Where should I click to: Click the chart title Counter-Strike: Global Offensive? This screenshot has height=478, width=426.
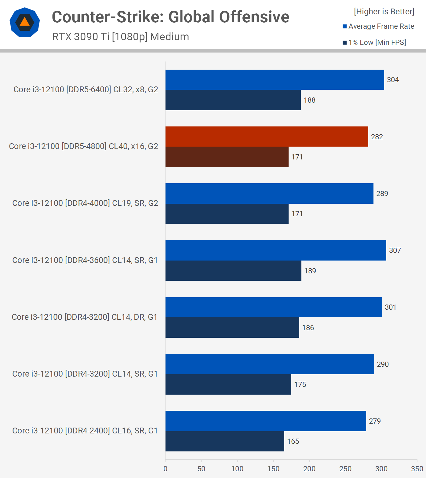pyautogui.click(x=170, y=17)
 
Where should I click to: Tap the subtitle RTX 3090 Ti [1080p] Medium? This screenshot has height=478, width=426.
pyautogui.click(x=120, y=37)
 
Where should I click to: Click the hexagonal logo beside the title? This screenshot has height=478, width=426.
pyautogui.click(x=25, y=22)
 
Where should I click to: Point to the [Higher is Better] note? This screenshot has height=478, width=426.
pyautogui.click(x=384, y=12)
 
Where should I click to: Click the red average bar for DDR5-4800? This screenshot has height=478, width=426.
pyautogui.click(x=267, y=137)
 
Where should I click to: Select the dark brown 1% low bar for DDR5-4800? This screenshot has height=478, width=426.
pyautogui.click(x=227, y=157)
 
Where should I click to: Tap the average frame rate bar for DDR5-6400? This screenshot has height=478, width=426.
pyautogui.click(x=275, y=80)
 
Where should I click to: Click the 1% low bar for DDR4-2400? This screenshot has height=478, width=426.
pyautogui.click(x=225, y=441)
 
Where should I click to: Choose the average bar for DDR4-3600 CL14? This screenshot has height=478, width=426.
pyautogui.click(x=276, y=250)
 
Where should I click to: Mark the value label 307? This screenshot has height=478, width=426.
pyautogui.click(x=395, y=250)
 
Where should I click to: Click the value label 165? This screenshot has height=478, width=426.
pyautogui.click(x=293, y=441)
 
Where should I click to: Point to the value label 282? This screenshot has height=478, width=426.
pyautogui.click(x=377, y=137)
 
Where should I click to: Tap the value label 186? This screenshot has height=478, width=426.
pyautogui.click(x=308, y=328)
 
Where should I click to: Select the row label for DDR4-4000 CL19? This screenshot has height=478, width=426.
pyautogui.click(x=85, y=203)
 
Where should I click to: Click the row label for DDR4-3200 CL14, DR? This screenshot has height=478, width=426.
pyautogui.click(x=84, y=317)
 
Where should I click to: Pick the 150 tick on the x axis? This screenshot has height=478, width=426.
pyautogui.click(x=273, y=469)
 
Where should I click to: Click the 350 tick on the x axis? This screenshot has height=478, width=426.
pyautogui.click(x=417, y=469)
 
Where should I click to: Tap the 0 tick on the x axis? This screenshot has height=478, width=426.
pyautogui.click(x=166, y=469)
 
